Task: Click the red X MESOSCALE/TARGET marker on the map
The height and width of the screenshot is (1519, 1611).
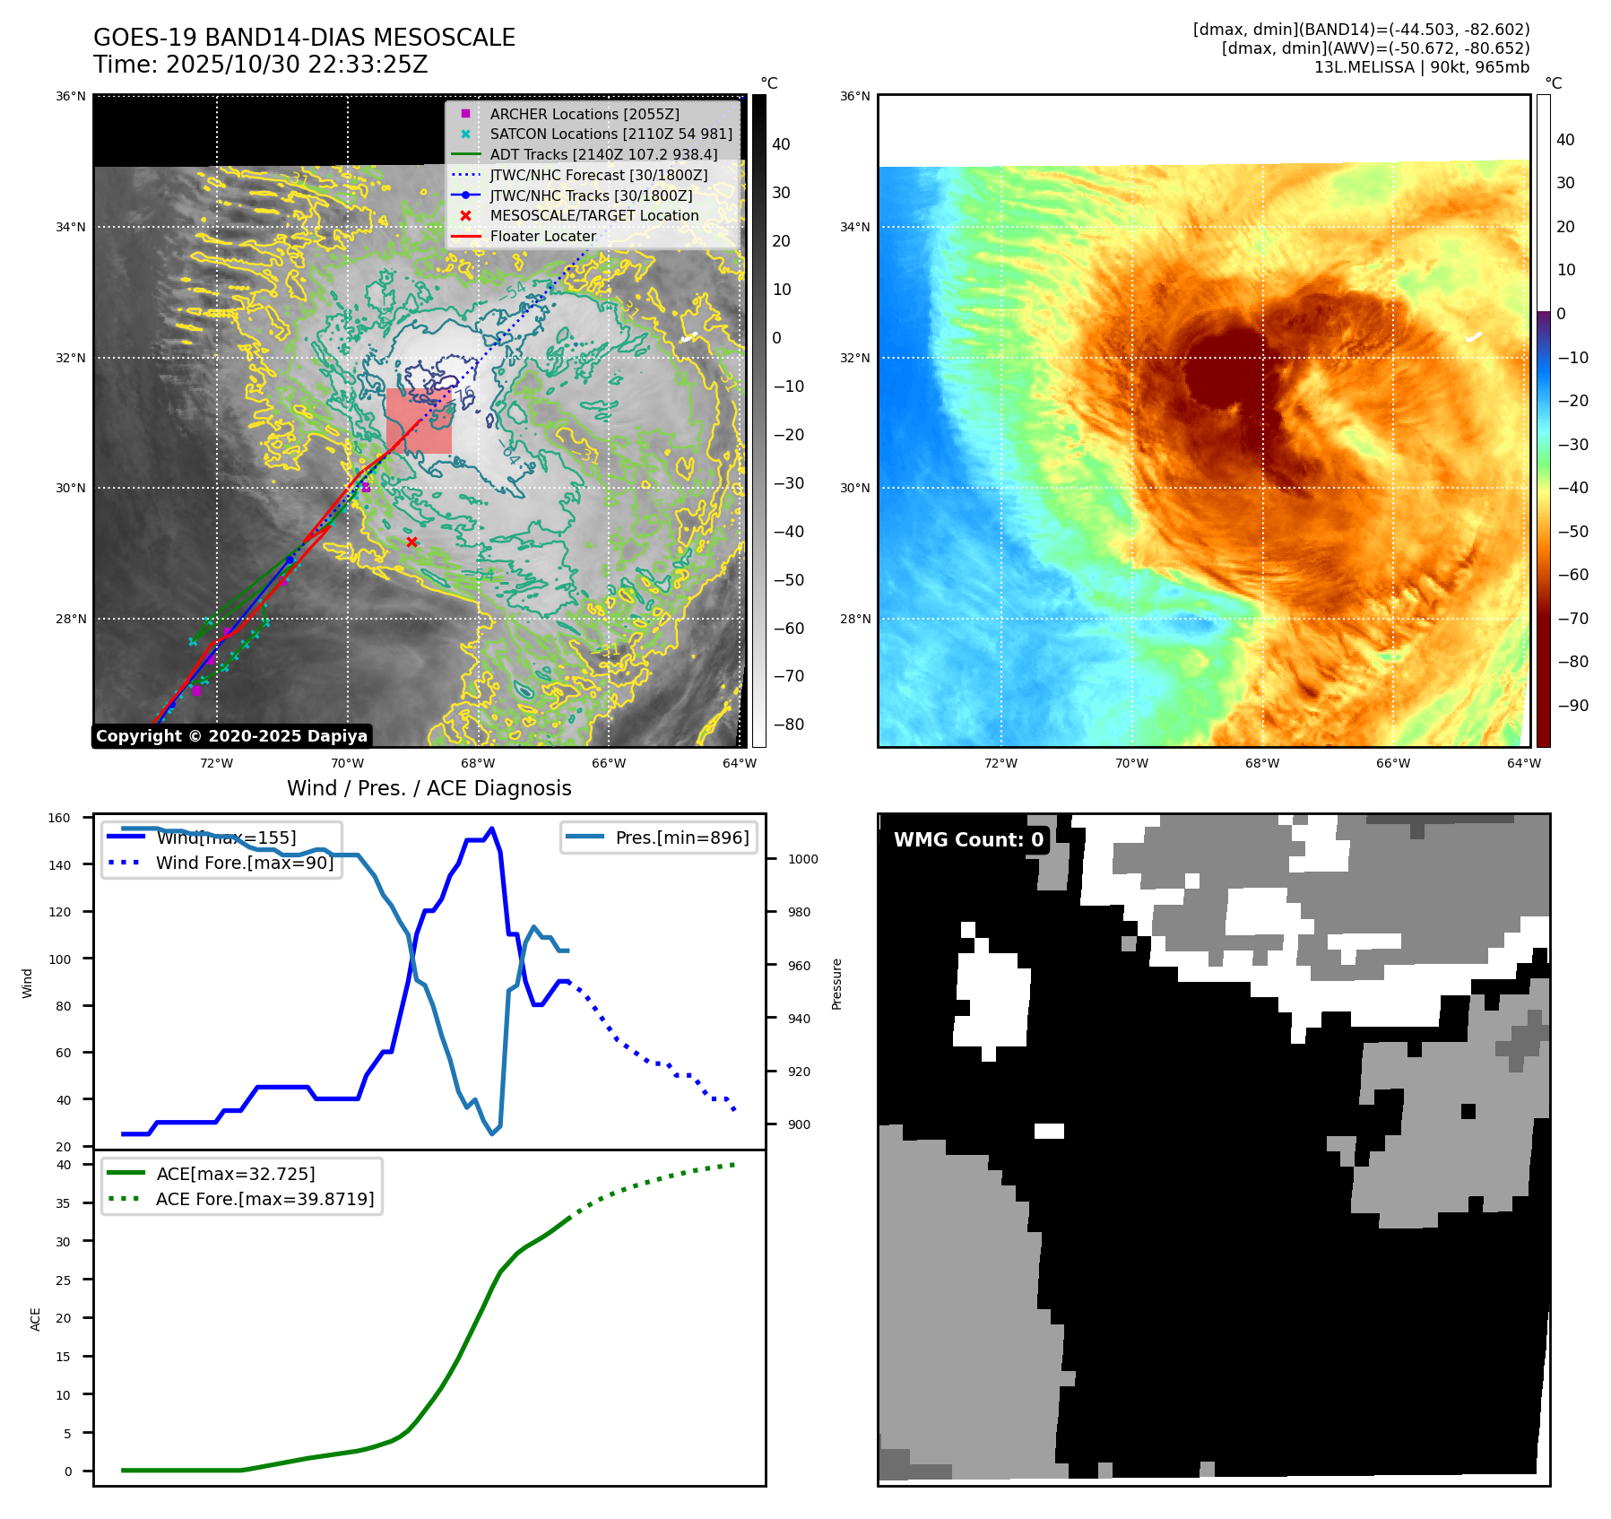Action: tap(411, 542)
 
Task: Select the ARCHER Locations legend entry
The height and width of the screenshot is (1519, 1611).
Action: tap(584, 114)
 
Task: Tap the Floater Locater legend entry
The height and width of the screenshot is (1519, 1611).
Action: tap(542, 236)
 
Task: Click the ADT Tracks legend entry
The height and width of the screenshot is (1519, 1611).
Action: tap(602, 154)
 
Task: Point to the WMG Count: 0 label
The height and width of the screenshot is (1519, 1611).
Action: tap(968, 839)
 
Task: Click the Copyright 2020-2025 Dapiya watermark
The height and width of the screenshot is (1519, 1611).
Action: tap(231, 736)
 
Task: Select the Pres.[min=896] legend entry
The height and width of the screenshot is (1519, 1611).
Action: tap(681, 838)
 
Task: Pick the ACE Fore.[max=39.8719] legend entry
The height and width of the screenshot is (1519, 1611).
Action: tap(264, 1199)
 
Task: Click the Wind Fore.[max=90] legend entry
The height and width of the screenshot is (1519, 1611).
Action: tap(244, 863)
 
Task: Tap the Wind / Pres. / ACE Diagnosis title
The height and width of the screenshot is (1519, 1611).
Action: tap(429, 788)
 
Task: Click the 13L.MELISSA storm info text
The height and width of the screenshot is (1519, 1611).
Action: tap(1421, 67)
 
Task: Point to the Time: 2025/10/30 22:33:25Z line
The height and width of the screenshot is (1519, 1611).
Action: tap(260, 65)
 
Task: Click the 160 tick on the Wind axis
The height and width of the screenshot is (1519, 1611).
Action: tap(59, 818)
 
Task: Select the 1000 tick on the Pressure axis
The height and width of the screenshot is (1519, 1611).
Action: tap(802, 859)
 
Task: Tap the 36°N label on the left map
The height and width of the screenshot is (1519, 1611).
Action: tap(71, 96)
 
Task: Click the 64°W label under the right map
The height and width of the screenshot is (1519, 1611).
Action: tap(1523, 764)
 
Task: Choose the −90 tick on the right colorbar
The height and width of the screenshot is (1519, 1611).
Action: tap(1572, 706)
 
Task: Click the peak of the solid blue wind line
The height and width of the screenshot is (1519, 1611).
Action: tap(491, 829)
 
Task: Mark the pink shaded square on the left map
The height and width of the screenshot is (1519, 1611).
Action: tap(419, 421)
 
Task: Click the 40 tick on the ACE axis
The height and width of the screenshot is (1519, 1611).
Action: tap(64, 1165)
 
